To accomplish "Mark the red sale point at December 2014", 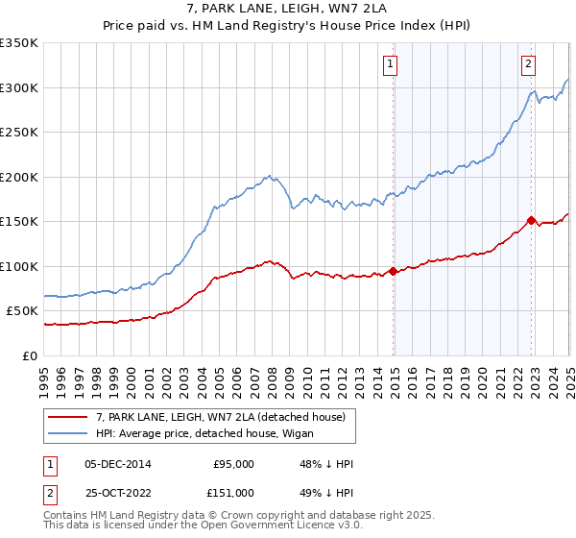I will pyautogui.click(x=394, y=271).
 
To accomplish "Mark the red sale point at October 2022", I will pyautogui.click(x=531, y=220).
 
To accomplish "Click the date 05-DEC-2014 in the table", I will pyautogui.click(x=117, y=464).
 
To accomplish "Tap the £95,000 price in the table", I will pyautogui.click(x=233, y=464).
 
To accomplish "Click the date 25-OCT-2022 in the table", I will pyautogui.click(x=117, y=493).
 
